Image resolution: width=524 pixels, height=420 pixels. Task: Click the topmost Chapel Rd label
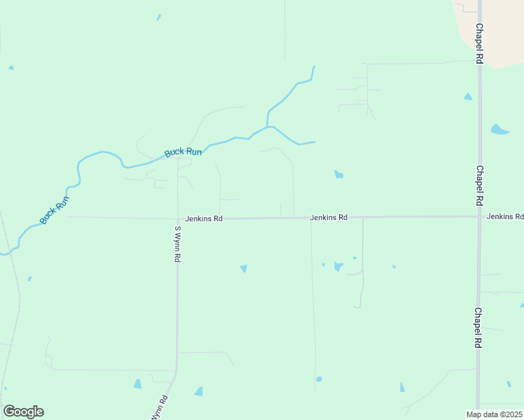(479, 44)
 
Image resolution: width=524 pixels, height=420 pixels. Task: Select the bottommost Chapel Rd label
(478, 328)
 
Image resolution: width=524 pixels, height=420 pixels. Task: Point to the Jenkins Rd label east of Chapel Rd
(505, 217)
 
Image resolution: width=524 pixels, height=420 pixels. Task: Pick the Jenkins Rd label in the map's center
(329, 218)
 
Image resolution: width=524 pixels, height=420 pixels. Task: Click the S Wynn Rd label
(178, 244)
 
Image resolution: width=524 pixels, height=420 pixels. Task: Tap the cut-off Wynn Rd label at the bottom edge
(160, 408)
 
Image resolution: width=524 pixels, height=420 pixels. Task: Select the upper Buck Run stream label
(183, 152)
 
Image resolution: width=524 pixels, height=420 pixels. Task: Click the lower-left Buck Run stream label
(55, 210)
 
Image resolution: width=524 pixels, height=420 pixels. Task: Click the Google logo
(23, 412)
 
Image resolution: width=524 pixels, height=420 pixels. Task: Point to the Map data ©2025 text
(495, 414)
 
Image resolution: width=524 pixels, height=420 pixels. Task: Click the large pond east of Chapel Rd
(499, 129)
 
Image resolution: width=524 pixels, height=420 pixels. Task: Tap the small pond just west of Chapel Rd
(467, 97)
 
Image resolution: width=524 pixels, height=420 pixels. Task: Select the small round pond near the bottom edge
(319, 379)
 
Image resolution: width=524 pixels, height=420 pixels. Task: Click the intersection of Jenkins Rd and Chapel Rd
(479, 217)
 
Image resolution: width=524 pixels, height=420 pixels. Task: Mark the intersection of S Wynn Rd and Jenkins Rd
(177, 218)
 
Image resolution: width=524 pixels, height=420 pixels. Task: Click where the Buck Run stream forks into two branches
(268, 127)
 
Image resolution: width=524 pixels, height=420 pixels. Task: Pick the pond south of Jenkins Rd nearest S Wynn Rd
(244, 268)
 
